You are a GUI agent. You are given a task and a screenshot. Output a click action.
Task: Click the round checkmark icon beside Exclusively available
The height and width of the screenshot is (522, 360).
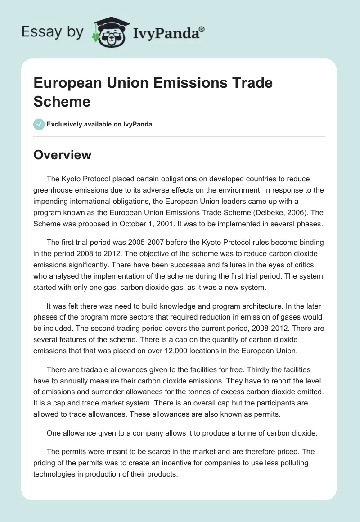click(39, 124)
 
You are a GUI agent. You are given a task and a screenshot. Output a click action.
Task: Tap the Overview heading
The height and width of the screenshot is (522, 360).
click(62, 155)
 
